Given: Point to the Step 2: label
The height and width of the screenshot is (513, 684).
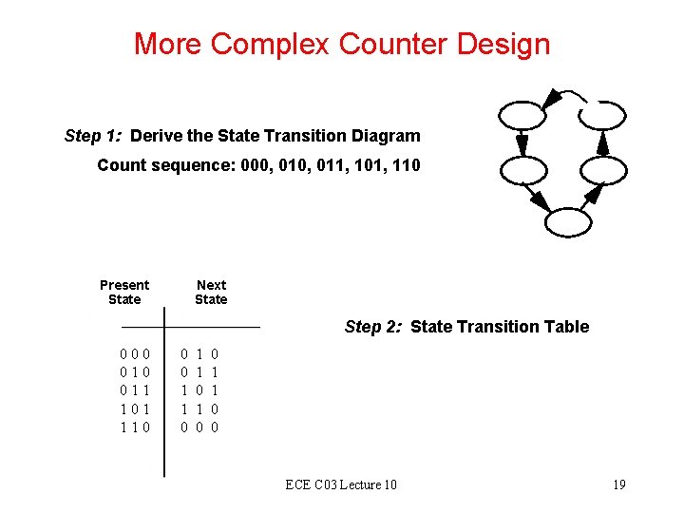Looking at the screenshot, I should click(374, 327).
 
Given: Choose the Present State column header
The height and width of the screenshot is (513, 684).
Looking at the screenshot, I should click(124, 292).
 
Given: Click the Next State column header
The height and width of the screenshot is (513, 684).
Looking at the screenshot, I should click(211, 292).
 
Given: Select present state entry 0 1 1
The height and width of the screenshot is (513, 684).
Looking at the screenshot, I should click(136, 389).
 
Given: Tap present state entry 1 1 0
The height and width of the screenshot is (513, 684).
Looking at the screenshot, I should click(136, 427).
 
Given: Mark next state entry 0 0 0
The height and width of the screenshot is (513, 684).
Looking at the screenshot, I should click(199, 427).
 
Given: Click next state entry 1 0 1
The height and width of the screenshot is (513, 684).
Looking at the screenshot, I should click(199, 389).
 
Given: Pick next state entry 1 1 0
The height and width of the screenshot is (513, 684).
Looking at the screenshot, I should click(199, 408).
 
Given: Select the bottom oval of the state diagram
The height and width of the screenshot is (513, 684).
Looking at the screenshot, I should click(568, 223).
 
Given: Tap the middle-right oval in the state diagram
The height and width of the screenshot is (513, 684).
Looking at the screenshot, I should click(602, 171).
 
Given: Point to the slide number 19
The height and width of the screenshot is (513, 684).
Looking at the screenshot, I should click(618, 485).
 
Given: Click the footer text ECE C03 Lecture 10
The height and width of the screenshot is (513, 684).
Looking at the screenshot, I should click(341, 485).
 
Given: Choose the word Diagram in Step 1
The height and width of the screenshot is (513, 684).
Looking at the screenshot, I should click(385, 136).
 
